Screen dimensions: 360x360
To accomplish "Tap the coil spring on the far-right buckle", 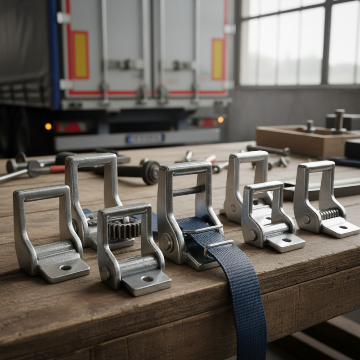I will click(x=329, y=214).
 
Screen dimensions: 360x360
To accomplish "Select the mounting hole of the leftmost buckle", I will click(x=66, y=268).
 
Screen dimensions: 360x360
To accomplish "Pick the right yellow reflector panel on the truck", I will click(x=218, y=59).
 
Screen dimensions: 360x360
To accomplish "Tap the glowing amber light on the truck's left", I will click(x=48, y=126).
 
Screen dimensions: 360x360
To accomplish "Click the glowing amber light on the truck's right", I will click(x=220, y=120).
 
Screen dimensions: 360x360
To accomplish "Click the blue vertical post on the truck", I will click(x=54, y=54).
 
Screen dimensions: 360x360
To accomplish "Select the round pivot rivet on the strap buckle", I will click(x=167, y=243).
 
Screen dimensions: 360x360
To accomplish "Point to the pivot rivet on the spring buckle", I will click(x=306, y=220).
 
